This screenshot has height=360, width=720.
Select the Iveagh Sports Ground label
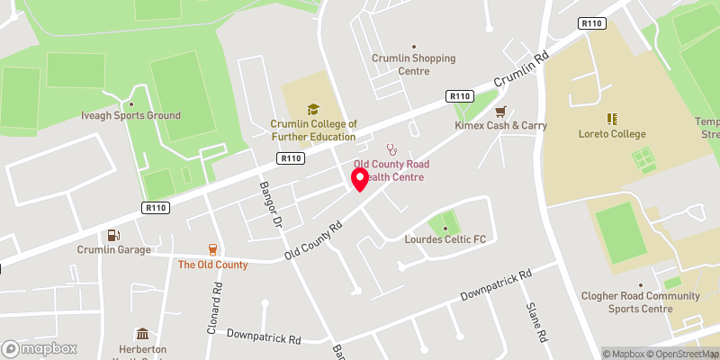[131, 115]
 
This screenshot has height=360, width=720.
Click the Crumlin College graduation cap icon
[313, 109]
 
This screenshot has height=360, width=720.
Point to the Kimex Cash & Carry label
[500, 125]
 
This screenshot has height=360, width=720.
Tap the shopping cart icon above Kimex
[501, 111]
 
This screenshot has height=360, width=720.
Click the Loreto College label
[612, 134]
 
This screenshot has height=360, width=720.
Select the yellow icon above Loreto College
[612, 119]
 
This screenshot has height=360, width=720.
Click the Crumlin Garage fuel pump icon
[112, 235]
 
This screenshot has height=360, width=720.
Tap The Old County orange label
[212, 265]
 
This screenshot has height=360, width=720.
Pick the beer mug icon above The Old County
[212, 249]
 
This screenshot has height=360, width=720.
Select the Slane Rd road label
[536, 321]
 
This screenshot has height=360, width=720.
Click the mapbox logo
[40, 348]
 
